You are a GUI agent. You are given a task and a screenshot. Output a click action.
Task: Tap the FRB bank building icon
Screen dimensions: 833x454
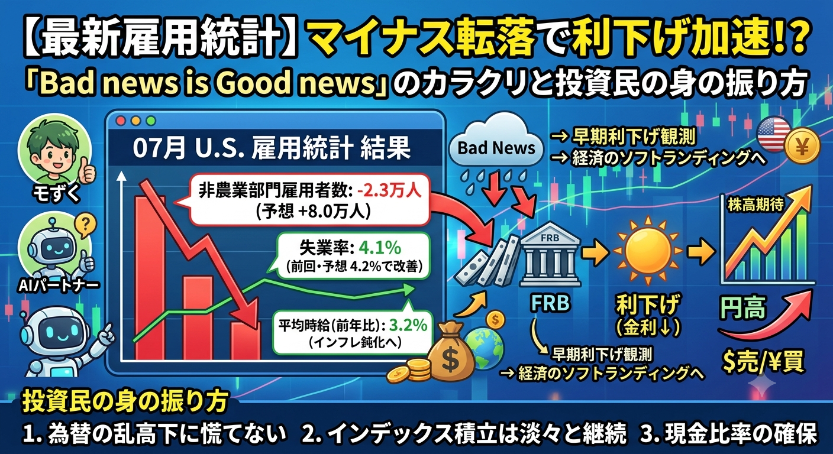click(x=550, y=255)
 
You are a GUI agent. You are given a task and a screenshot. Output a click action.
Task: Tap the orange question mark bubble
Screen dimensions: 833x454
click(x=85, y=225)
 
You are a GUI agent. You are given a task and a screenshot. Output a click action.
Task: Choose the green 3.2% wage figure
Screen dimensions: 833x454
click(x=408, y=326)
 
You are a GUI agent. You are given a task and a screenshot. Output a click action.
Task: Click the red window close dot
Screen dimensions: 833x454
click(x=121, y=121)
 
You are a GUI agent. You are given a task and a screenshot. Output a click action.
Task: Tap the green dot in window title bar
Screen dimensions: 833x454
click(x=151, y=121)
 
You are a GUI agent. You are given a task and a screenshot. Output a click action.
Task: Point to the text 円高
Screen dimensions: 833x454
click(x=743, y=307)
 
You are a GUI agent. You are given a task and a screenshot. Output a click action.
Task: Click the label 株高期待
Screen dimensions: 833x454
click(x=755, y=205)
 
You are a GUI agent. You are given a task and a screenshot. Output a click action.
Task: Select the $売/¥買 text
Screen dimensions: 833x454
click(x=764, y=362)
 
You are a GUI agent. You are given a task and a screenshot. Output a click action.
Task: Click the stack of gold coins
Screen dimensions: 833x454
click(x=408, y=371)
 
